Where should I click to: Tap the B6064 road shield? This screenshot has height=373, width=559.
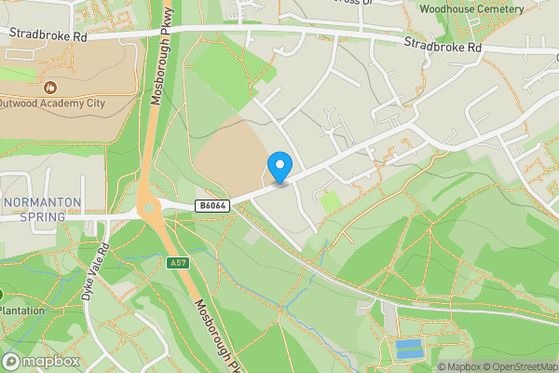click(210, 205)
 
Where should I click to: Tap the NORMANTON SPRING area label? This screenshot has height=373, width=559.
click(42, 210)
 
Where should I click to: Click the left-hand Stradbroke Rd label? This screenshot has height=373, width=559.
click(48, 35)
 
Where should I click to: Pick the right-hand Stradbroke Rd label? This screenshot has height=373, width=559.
click(443, 45)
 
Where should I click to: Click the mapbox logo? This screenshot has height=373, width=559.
click(41, 361)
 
